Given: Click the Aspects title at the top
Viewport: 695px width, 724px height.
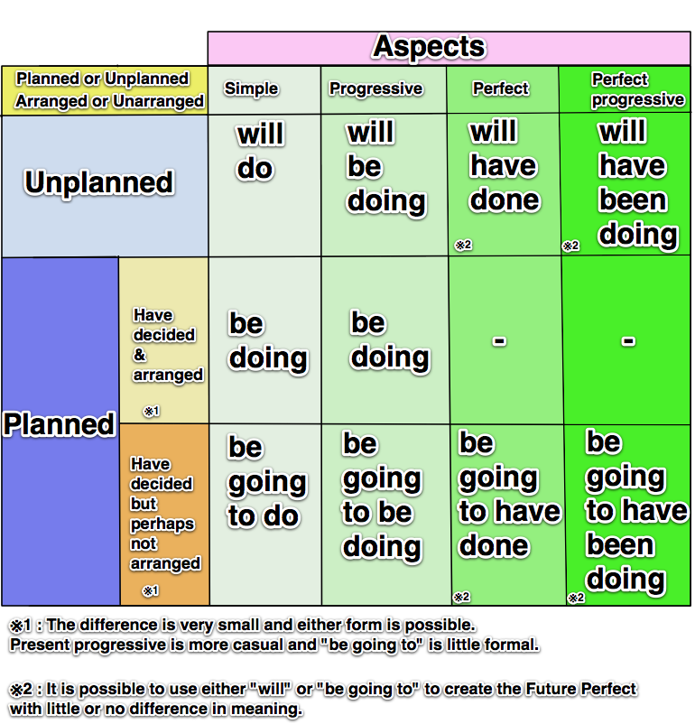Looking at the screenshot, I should [429, 47].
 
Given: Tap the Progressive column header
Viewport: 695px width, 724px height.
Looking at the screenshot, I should [375, 88].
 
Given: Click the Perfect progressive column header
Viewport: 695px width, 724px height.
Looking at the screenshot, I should [636, 89].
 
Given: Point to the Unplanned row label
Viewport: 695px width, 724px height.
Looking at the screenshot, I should [98, 182].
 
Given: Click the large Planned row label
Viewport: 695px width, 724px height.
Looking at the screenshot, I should [60, 424].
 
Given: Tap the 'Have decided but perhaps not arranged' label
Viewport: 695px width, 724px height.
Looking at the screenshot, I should [164, 513].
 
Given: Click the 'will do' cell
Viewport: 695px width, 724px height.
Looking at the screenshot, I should [260, 151].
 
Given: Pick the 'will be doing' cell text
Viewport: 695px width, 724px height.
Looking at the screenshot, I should [385, 167].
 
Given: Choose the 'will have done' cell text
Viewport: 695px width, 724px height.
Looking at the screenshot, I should [504, 166].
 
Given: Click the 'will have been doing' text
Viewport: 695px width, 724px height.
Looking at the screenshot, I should [637, 183].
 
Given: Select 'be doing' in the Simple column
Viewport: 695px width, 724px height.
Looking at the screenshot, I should [267, 341].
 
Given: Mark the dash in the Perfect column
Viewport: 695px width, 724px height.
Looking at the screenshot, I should [499, 340].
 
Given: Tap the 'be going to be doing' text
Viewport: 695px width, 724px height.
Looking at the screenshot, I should [382, 496].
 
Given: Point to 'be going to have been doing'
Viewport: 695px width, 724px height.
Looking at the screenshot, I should [636, 511].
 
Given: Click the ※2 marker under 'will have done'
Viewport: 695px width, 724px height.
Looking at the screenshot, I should [463, 245].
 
